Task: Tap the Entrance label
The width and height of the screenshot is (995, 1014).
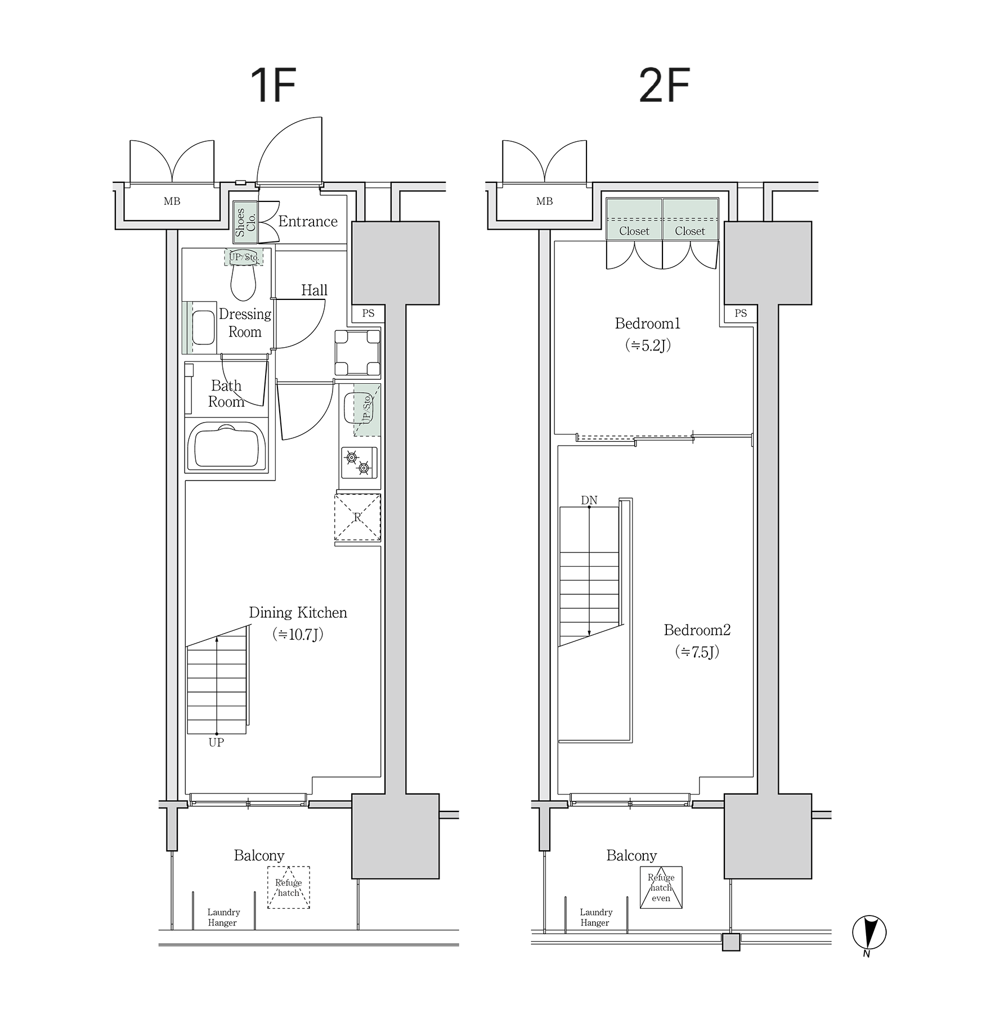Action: (x=308, y=221)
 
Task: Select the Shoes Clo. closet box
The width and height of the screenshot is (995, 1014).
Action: (x=245, y=222)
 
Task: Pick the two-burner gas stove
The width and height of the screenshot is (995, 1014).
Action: (x=358, y=463)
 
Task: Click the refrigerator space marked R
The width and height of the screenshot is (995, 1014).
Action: (x=357, y=517)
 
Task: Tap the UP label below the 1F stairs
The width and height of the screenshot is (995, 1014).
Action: (x=216, y=742)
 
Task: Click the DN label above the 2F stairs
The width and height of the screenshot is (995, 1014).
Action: (x=589, y=500)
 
